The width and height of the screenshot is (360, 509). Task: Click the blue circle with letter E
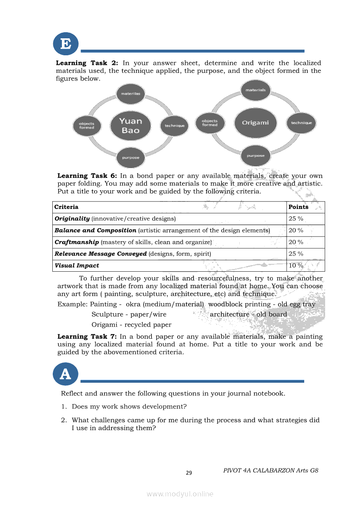tap(65, 44)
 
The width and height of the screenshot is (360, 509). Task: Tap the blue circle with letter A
tap(65, 374)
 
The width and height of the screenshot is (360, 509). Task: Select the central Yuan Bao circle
tap(130, 125)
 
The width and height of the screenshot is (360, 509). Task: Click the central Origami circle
tap(255, 122)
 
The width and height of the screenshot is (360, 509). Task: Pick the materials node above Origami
tap(256, 90)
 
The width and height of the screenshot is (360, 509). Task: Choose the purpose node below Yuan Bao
tap(130, 157)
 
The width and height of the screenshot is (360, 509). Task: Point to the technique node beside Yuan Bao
tap(175, 125)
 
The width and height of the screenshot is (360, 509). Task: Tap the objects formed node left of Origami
tap(210, 122)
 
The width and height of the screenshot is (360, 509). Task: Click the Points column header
tap(299, 207)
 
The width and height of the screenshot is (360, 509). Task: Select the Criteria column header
tap(66, 207)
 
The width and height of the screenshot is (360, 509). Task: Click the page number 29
tap(189, 473)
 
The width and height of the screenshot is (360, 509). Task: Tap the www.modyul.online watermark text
tap(180, 494)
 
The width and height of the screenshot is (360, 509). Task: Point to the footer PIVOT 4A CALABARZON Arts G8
tap(271, 470)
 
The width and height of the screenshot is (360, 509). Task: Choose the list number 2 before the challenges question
tap(64, 420)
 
